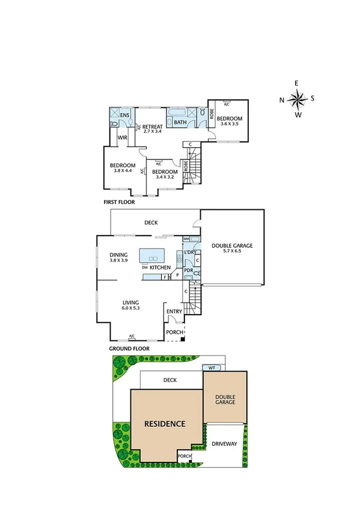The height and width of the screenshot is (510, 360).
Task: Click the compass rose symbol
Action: tap(297, 99)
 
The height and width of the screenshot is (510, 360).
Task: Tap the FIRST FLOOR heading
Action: tap(119, 203)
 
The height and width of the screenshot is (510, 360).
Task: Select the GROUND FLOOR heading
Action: tap(129, 348)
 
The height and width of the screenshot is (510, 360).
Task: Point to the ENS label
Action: tap(125, 115)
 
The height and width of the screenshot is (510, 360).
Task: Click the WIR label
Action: tap(121, 138)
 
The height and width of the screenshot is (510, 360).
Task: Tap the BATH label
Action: tap(180, 123)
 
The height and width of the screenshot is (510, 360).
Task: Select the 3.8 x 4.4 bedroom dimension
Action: tap(122, 171)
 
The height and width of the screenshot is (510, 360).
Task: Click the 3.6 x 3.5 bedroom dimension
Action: tap(230, 124)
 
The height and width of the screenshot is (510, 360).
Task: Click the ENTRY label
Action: tap(174, 312)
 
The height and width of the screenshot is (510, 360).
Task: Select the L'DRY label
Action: tap(190, 251)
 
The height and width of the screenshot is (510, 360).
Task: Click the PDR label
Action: tap(188, 271)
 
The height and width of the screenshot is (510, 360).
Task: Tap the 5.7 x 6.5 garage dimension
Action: tap(232, 251)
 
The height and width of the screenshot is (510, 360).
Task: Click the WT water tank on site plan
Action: tap(212, 367)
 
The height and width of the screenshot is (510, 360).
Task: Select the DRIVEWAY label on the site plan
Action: tap(225, 444)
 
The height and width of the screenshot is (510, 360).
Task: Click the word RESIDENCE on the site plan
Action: tap(164, 423)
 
